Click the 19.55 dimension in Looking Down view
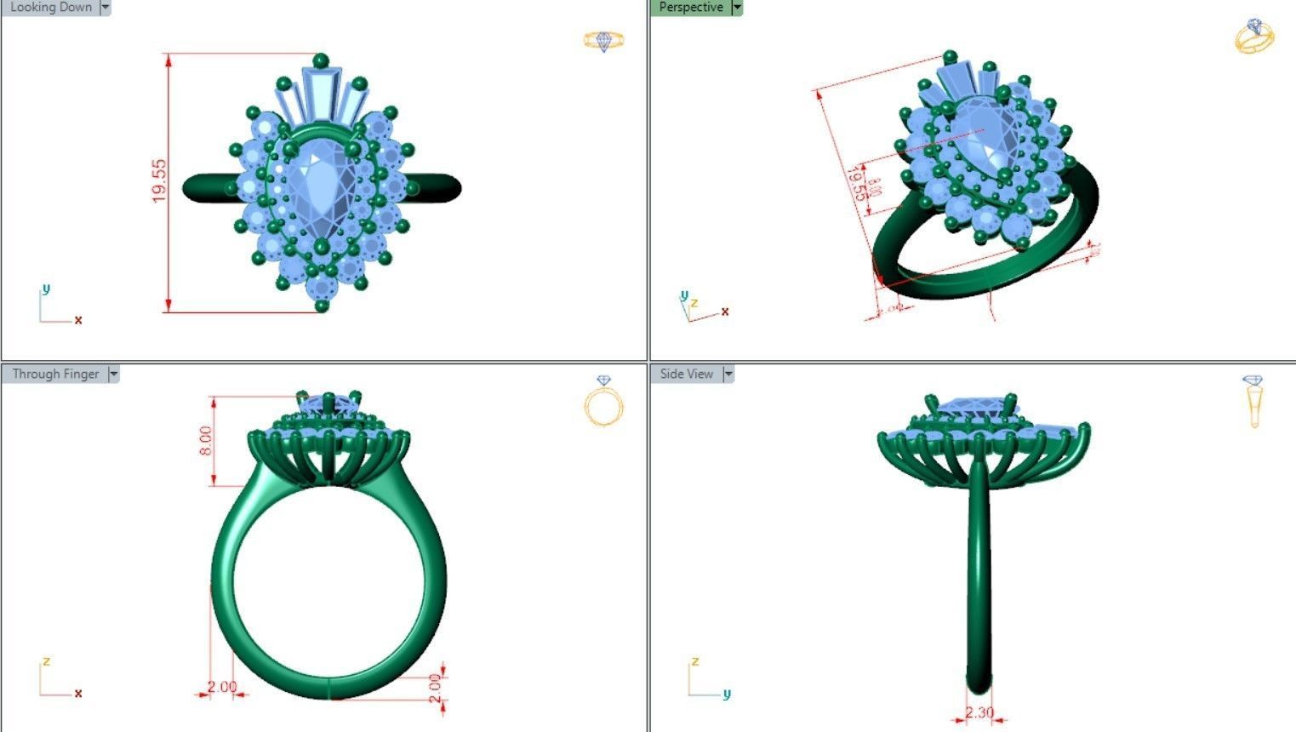click(x=159, y=180)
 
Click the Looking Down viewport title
click(x=50, y=8)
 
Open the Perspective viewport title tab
click(x=690, y=8)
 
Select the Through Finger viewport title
click(x=54, y=374)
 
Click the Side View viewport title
click(x=686, y=374)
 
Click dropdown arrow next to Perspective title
click(x=737, y=8)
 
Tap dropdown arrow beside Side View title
click(x=728, y=374)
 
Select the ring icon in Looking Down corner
click(x=603, y=41)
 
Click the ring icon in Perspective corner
click(x=1254, y=37)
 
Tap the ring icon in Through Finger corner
click(x=603, y=402)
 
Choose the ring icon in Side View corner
click(x=1253, y=400)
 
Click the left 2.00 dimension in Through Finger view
click(x=222, y=687)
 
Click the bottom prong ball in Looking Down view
click(x=322, y=305)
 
